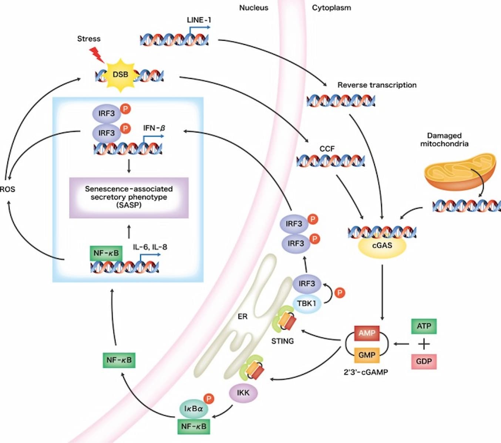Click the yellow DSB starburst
coord(120,74)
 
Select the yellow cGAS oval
coord(382,246)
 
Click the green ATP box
coord(424,326)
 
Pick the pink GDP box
coord(424,361)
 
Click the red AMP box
coord(367,333)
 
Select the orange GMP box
coord(367,355)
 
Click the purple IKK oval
coord(243,393)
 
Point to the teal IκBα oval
coord(194,409)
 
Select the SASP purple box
coord(129,197)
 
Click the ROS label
coord(7,189)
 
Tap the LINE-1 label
coord(199,20)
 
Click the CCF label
coord(327,149)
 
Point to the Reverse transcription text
coord(377,85)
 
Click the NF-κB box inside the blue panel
coord(106,254)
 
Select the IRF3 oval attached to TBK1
coord(307,284)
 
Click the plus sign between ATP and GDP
coord(424,344)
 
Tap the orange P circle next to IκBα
coord(209,399)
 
